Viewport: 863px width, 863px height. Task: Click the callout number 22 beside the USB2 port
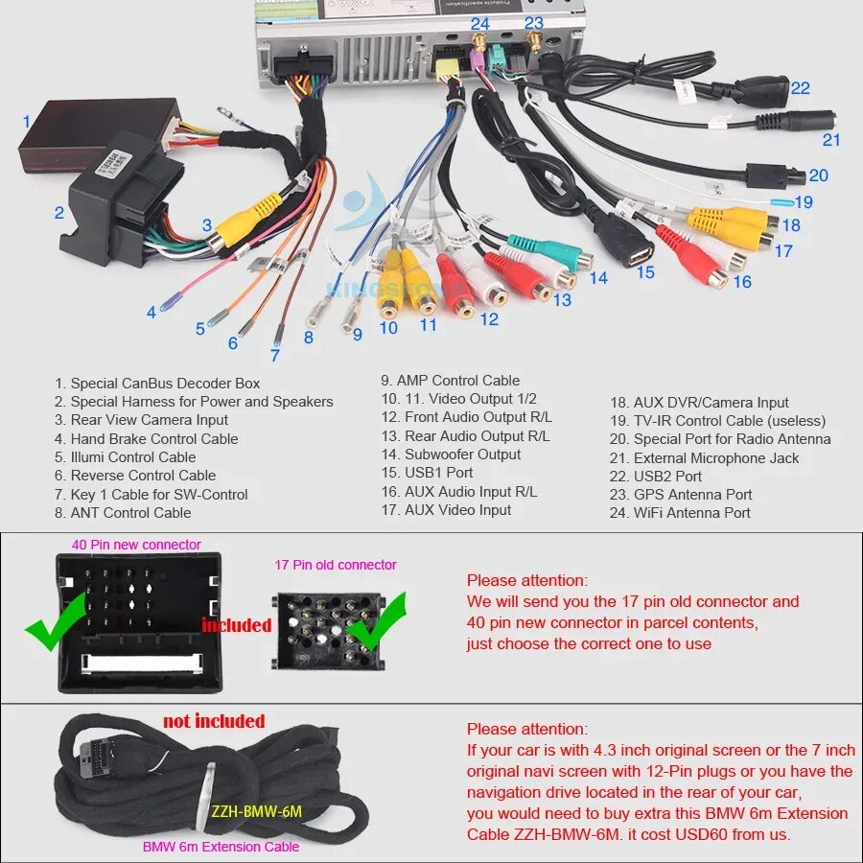[800, 88]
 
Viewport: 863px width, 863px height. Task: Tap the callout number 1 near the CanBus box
[27, 122]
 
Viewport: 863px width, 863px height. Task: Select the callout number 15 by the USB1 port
[645, 272]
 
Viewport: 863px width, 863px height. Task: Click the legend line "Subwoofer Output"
[462, 455]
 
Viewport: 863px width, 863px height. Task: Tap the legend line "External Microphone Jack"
[715, 458]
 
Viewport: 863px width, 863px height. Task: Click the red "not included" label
[214, 721]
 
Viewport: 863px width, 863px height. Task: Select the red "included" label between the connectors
[236, 625]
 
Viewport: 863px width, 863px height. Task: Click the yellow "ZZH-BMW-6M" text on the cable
[256, 811]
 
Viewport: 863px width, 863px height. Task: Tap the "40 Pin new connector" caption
[136, 545]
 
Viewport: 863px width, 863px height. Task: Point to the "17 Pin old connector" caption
[336, 565]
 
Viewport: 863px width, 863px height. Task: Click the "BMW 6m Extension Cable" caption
[221, 847]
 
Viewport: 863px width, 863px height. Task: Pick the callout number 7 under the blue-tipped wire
[275, 355]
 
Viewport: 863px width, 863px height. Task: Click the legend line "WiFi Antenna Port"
[691, 513]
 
